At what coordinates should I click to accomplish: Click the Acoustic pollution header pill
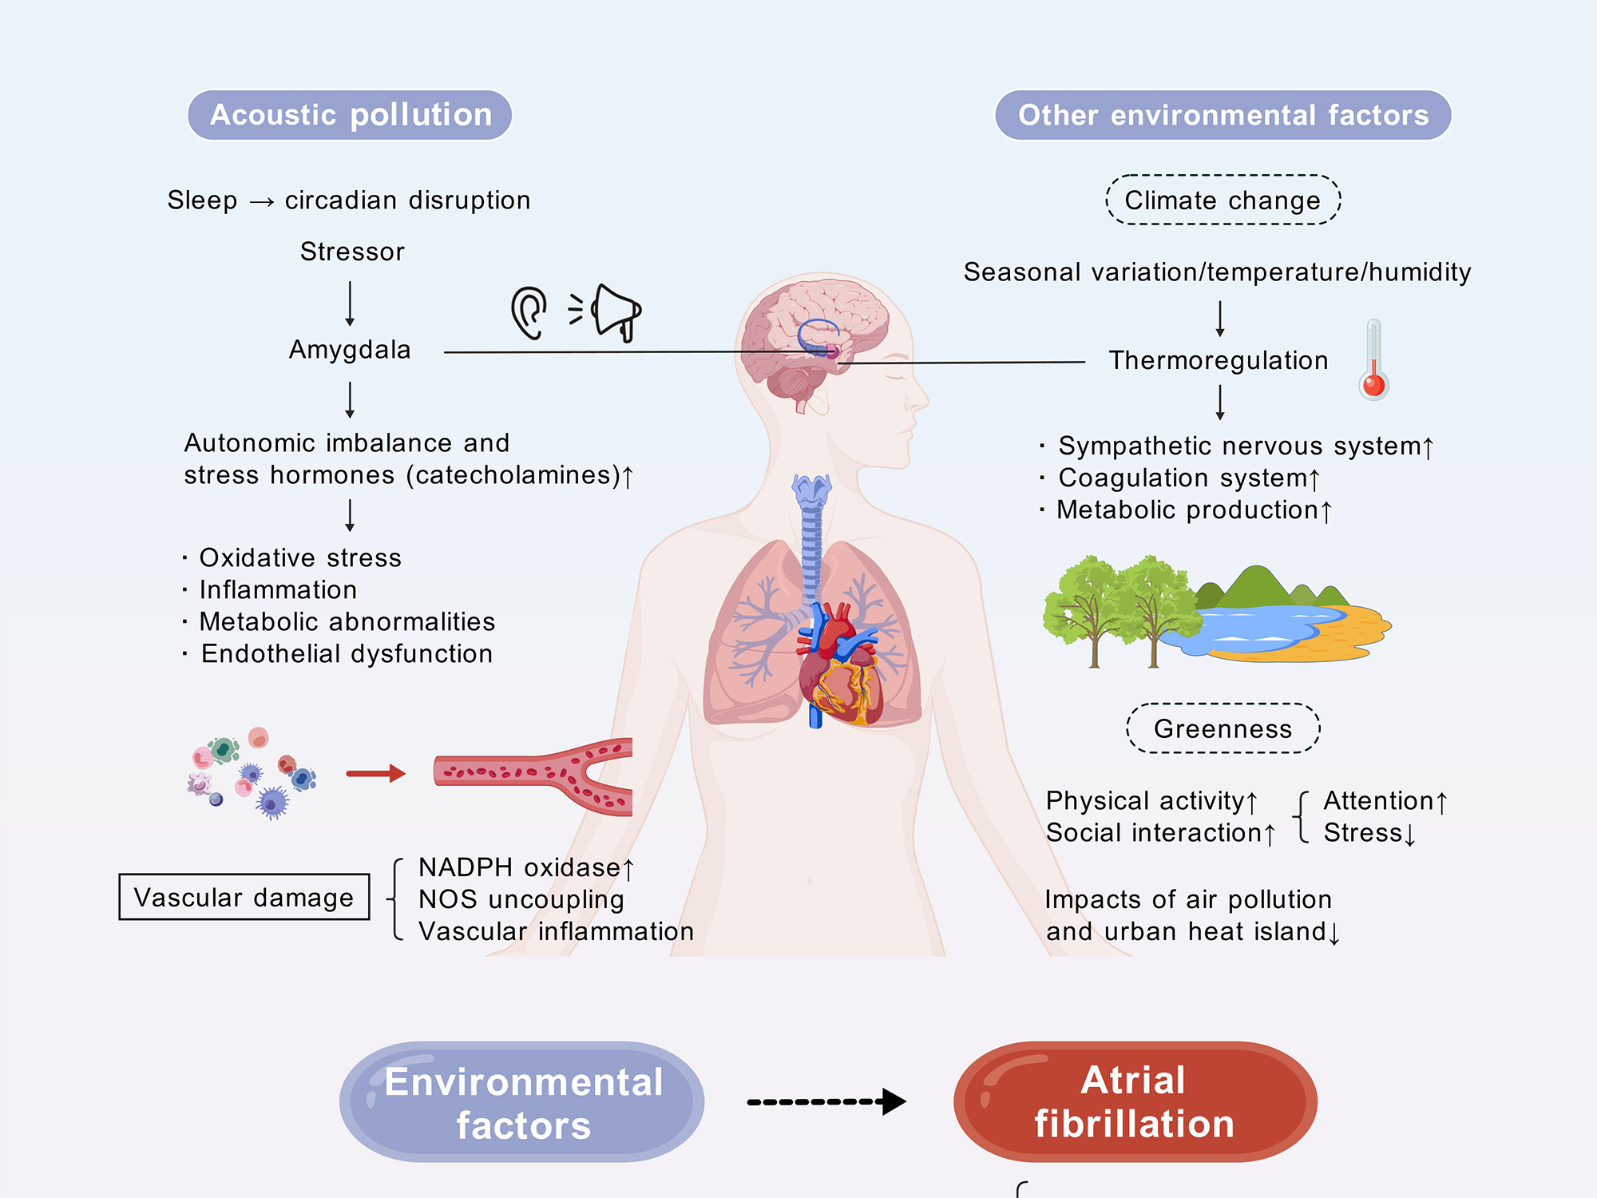pyautogui.click(x=350, y=115)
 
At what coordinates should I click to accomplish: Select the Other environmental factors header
pyautogui.click(x=1223, y=115)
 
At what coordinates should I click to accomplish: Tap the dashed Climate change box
pyautogui.click(x=1223, y=200)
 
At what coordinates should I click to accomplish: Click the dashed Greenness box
pyautogui.click(x=1223, y=728)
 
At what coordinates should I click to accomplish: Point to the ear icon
pyautogui.click(x=529, y=312)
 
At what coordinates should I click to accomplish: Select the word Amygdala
pyautogui.click(x=350, y=350)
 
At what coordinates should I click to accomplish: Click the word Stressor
pyautogui.click(x=352, y=252)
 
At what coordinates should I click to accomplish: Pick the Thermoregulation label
pyautogui.click(x=1219, y=360)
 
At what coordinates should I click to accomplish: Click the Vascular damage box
pyautogui.click(x=244, y=897)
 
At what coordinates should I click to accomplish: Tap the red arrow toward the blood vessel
pyautogui.click(x=375, y=773)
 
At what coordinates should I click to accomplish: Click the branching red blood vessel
pyautogui.click(x=535, y=774)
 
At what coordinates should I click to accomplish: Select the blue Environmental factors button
pyautogui.click(x=522, y=1102)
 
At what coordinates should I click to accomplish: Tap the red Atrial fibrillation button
pyautogui.click(x=1135, y=1101)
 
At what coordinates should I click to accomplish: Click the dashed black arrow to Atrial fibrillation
pyautogui.click(x=826, y=1101)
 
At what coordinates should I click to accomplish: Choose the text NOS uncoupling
pyautogui.click(x=521, y=899)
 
